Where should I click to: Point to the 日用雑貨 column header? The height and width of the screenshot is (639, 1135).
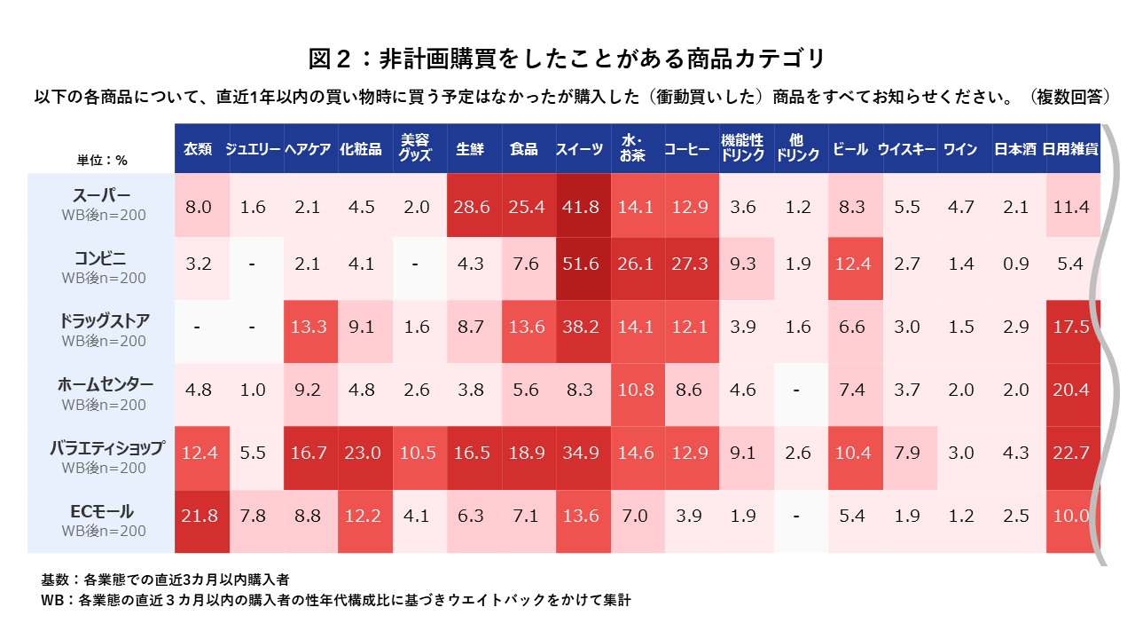click(1071, 149)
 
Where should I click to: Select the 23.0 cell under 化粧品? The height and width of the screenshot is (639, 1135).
click(363, 453)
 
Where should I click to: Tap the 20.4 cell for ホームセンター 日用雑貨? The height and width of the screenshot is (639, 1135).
click(1072, 390)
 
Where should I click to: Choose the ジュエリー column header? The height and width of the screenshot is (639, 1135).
click(254, 149)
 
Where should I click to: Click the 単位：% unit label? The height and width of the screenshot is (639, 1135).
click(102, 161)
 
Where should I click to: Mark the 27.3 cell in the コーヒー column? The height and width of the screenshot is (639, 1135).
click(692, 264)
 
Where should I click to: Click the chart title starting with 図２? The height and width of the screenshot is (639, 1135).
click(567, 59)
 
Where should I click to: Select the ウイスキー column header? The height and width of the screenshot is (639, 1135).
click(907, 149)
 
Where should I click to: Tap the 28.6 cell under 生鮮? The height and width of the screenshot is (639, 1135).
click(473, 207)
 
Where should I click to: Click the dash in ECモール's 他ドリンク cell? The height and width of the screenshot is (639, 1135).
click(798, 517)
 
